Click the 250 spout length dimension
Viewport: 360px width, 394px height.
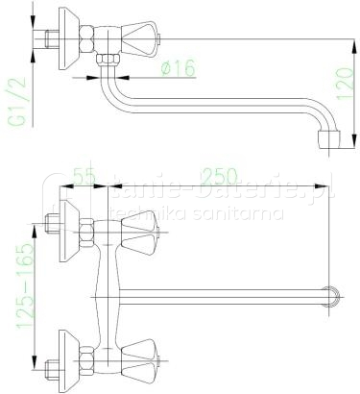point(223,178)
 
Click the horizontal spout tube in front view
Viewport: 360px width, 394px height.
point(221,292)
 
